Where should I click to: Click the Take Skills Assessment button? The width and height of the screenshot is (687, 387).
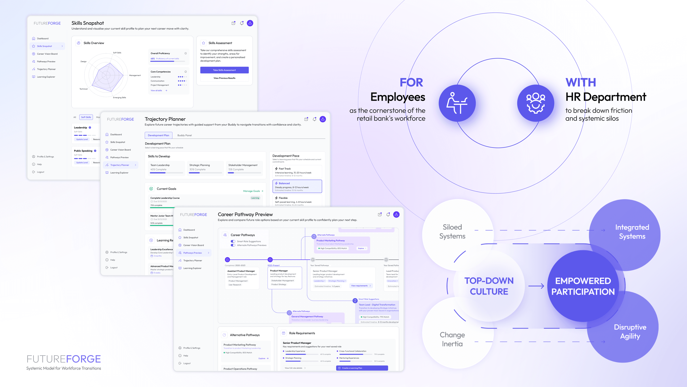click(224, 70)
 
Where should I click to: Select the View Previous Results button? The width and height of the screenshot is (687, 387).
click(224, 78)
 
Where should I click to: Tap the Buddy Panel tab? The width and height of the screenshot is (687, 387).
click(185, 135)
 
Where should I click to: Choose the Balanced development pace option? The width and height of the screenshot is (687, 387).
click(297, 186)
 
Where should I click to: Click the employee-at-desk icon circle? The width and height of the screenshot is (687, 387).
click(457, 103)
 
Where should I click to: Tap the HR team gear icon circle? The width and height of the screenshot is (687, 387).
click(535, 103)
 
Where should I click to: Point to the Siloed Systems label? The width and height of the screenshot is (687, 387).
click(452, 231)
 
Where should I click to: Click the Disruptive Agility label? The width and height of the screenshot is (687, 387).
click(630, 331)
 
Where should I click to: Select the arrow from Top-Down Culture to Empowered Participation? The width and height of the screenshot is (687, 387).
click(536, 286)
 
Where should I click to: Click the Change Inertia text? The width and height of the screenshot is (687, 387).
click(452, 339)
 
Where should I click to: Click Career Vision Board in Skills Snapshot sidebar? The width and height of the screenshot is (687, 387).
click(47, 54)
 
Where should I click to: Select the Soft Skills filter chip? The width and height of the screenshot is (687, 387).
click(86, 117)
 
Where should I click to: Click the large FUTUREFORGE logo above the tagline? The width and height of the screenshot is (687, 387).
click(64, 359)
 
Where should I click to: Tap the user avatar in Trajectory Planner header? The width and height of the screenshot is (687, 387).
click(323, 119)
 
